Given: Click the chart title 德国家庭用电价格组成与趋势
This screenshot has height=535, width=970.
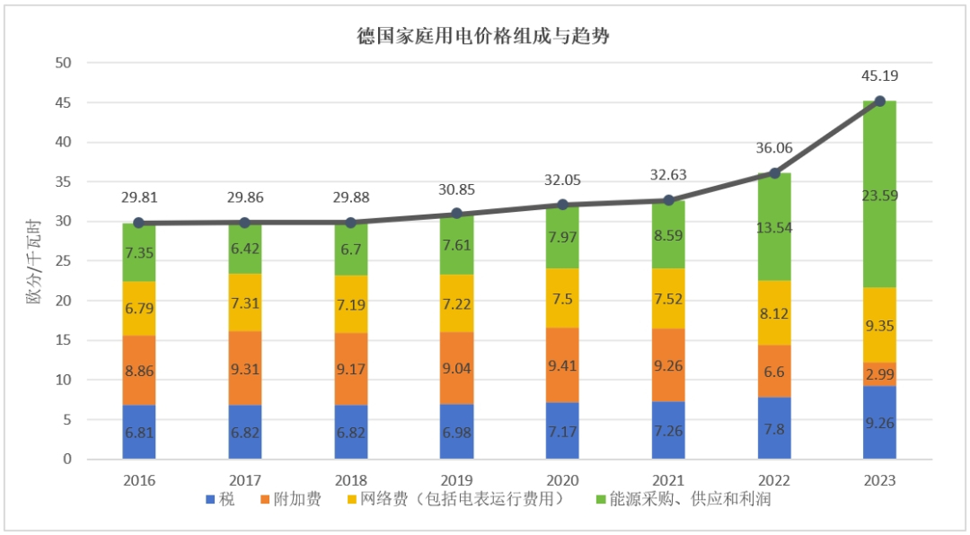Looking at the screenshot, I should tap(484, 36).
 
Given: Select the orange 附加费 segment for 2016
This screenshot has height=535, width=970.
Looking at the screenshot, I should tap(139, 370).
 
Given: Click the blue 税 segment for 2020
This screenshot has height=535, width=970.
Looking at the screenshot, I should tap(562, 431).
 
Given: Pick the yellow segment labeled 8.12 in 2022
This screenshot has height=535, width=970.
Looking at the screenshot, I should tap(774, 312).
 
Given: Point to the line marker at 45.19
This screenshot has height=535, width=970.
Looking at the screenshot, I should tap(880, 101).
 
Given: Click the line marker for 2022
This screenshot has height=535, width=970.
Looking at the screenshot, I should tap(774, 173).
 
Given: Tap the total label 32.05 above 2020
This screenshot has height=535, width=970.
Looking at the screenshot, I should tap(562, 180).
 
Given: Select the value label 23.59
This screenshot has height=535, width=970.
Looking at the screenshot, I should tap(880, 195).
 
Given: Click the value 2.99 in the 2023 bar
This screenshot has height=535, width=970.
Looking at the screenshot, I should tap(880, 374).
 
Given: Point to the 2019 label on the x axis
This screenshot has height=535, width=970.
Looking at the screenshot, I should tap(456, 480).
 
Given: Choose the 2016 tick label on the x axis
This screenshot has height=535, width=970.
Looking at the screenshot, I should tap(139, 480).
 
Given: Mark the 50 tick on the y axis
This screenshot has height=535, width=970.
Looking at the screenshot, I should tap(63, 63).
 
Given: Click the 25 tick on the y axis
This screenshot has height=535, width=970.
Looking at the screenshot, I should tap(63, 261).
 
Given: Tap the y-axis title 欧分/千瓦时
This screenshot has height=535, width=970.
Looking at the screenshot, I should tap(33, 260).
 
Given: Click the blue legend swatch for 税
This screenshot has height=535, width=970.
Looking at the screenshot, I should tap(210, 500).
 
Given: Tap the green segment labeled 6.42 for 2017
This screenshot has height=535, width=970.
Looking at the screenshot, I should tap(245, 250).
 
